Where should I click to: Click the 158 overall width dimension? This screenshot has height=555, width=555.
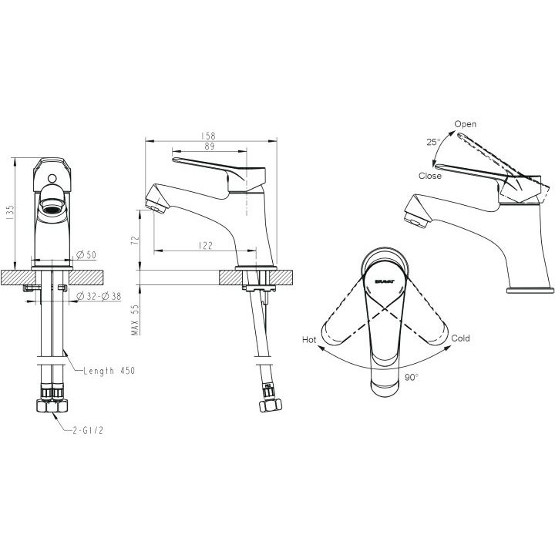[208, 136]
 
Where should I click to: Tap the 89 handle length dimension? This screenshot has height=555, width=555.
[210, 146]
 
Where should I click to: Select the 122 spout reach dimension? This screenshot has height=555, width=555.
[206, 245]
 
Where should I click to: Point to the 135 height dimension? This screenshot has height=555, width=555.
[9, 213]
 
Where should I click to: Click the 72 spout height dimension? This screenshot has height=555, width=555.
[135, 240]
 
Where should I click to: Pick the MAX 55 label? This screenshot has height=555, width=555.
[135, 320]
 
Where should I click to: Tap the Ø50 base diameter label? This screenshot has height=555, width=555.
[86, 254]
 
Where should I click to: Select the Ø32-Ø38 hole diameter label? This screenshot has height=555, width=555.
[99, 296]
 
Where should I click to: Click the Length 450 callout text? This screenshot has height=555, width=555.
[109, 371]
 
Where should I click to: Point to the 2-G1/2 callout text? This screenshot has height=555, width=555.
[88, 430]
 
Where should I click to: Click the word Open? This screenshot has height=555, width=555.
[465, 124]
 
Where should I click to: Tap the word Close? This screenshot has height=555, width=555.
[429, 176]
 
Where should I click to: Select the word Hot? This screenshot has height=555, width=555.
[309, 340]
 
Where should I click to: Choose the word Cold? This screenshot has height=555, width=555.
[460, 338]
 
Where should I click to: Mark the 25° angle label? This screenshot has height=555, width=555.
[433, 142]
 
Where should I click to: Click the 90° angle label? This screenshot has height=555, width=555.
[412, 377]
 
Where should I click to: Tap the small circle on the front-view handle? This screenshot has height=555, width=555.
[52, 178]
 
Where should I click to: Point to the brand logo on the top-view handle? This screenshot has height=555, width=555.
[385, 282]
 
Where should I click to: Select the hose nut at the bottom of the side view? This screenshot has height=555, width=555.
[270, 405]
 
